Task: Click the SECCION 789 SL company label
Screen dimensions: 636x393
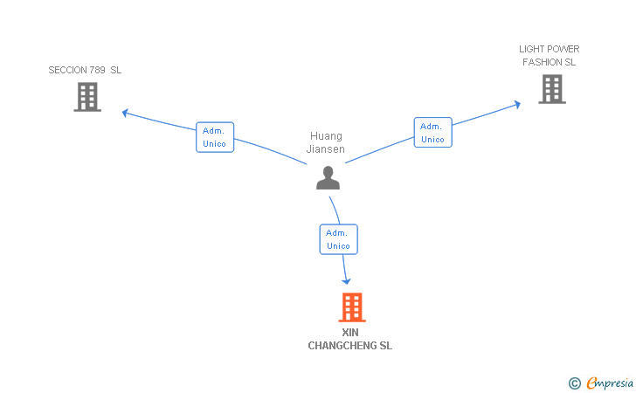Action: click(85, 70)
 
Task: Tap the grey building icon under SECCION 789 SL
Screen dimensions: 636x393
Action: click(87, 97)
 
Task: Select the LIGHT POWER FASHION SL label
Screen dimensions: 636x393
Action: click(550, 56)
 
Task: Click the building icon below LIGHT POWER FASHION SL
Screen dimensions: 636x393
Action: click(552, 89)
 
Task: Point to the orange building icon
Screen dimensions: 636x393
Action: click(352, 307)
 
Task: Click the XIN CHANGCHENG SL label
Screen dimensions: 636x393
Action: click(350, 339)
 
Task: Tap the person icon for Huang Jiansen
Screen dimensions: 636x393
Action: click(328, 177)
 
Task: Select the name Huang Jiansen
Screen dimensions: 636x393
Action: click(326, 142)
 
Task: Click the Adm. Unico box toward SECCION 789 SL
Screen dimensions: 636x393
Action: click(215, 137)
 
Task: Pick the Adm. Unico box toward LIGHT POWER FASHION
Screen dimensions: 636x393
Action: click(432, 132)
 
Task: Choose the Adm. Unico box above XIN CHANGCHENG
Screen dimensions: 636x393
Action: click(339, 239)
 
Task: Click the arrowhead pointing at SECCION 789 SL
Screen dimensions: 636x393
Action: click(125, 113)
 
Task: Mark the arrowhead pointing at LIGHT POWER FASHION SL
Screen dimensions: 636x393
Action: click(517, 105)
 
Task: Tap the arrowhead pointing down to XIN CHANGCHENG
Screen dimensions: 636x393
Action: click(346, 281)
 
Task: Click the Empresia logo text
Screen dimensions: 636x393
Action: click(610, 383)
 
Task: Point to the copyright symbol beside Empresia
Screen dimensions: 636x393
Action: click(575, 383)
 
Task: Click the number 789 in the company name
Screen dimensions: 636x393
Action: click(97, 70)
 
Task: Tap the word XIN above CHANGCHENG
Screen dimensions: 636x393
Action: click(350, 333)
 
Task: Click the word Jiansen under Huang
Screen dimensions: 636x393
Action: click(326, 148)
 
